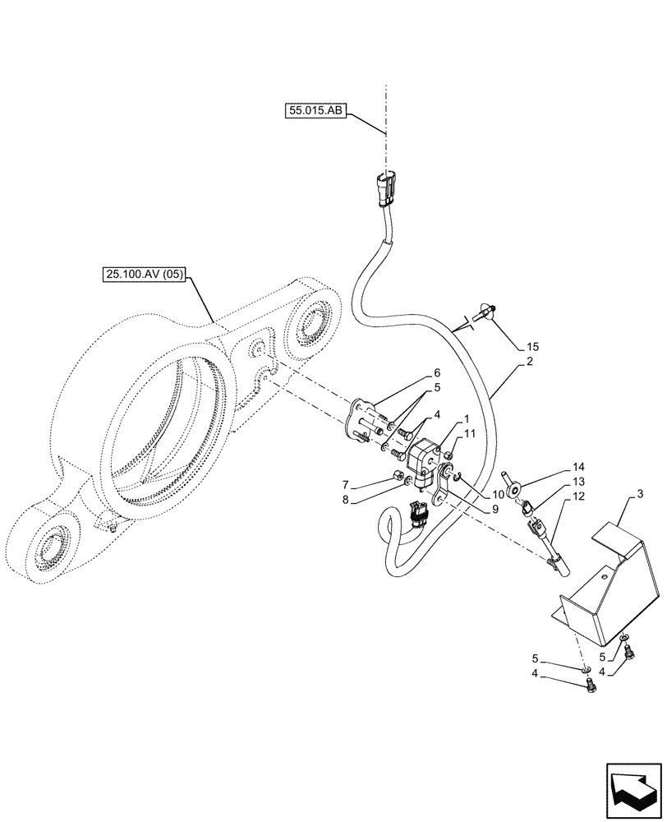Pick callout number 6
coord(438,372)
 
